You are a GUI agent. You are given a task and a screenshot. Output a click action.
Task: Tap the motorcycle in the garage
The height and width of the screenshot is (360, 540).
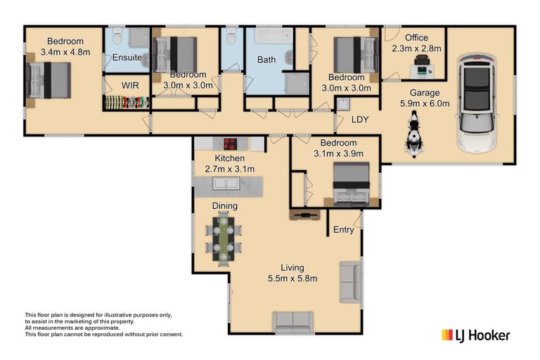[413, 134]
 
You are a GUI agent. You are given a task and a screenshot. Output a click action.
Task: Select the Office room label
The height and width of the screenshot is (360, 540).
[416, 37]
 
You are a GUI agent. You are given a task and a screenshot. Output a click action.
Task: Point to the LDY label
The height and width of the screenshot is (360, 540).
[360, 120]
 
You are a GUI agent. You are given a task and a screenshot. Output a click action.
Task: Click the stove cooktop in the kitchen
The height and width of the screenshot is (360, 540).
[231, 143]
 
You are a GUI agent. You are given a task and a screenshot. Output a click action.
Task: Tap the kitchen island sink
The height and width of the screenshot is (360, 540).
[226, 183]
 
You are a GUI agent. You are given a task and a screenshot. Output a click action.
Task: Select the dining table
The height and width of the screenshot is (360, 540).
[224, 238]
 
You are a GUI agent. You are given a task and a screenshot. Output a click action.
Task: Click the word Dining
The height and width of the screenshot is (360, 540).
[224, 206]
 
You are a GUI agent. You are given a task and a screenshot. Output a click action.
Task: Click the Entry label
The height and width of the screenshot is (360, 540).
[343, 230]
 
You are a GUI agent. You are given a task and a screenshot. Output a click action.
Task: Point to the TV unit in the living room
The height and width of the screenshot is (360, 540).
[304, 215]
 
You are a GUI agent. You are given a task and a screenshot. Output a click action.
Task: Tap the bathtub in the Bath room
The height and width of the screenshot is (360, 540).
[274, 35]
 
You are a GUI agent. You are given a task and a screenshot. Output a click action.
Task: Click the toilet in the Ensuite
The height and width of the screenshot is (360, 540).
[117, 36]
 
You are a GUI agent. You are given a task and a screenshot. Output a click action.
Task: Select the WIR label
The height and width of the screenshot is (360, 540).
[130, 86]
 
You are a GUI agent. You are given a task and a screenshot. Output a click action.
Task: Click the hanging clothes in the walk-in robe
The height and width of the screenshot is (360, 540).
[127, 103]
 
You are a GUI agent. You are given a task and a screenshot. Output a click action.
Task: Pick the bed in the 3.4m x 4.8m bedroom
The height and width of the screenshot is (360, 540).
[49, 80]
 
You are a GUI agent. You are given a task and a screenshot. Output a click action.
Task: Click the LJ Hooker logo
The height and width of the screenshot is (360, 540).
[475, 335]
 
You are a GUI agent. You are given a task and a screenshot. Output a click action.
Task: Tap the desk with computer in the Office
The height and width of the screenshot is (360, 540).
[423, 69]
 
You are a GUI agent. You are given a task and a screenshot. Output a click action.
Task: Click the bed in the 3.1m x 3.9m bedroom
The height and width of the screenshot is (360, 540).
[352, 184]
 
